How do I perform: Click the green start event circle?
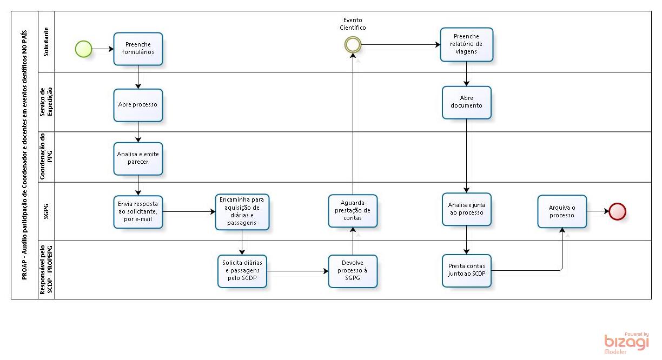pyautogui.click(x=83, y=49)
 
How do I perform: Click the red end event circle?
pyautogui.click(x=617, y=211)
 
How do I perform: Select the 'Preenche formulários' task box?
pyautogui.click(x=138, y=49)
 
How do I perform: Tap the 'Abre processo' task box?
pyautogui.click(x=138, y=105)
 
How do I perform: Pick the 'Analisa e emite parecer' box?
pyautogui.click(x=138, y=158)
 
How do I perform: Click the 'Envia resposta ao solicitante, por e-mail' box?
pyautogui.click(x=138, y=211)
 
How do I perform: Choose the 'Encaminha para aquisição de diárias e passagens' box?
pyautogui.click(x=242, y=211)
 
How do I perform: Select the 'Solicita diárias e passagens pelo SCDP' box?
pyautogui.click(x=242, y=271)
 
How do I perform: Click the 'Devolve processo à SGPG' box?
pyautogui.click(x=353, y=271)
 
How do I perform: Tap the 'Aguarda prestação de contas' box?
pyautogui.click(x=353, y=211)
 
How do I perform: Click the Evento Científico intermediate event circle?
pyautogui.click(x=353, y=45)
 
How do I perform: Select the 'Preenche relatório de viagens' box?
pyautogui.click(x=466, y=44)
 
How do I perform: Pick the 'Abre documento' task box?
pyautogui.click(x=466, y=102)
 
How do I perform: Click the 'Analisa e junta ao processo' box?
pyautogui.click(x=466, y=209)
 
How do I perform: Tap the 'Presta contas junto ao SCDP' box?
pyautogui.click(x=466, y=270)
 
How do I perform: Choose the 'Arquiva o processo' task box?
pyautogui.click(x=562, y=211)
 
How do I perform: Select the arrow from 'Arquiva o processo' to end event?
pyautogui.click(x=598, y=211)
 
